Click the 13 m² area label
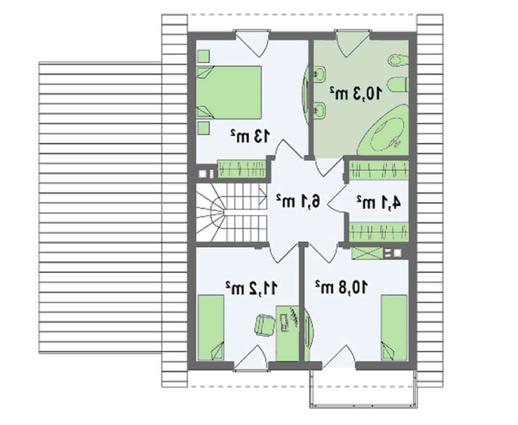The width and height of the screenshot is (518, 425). click(x=250, y=136)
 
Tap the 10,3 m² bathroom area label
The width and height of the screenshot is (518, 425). click(x=356, y=93)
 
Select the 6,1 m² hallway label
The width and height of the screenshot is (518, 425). click(x=298, y=201)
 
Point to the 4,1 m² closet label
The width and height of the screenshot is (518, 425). click(x=379, y=202)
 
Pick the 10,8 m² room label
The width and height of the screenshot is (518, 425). click(x=341, y=287)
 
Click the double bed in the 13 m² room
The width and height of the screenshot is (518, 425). click(x=229, y=93)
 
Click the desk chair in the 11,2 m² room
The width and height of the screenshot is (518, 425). click(x=265, y=325)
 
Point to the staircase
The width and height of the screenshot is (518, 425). click(x=231, y=212)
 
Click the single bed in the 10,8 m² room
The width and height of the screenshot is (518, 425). click(x=394, y=328)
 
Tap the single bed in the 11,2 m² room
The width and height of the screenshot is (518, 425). click(x=211, y=328)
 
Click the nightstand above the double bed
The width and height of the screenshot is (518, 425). click(x=204, y=56)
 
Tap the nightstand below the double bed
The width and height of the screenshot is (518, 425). click(x=204, y=128)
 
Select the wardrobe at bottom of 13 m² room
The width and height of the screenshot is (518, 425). click(x=241, y=169)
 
